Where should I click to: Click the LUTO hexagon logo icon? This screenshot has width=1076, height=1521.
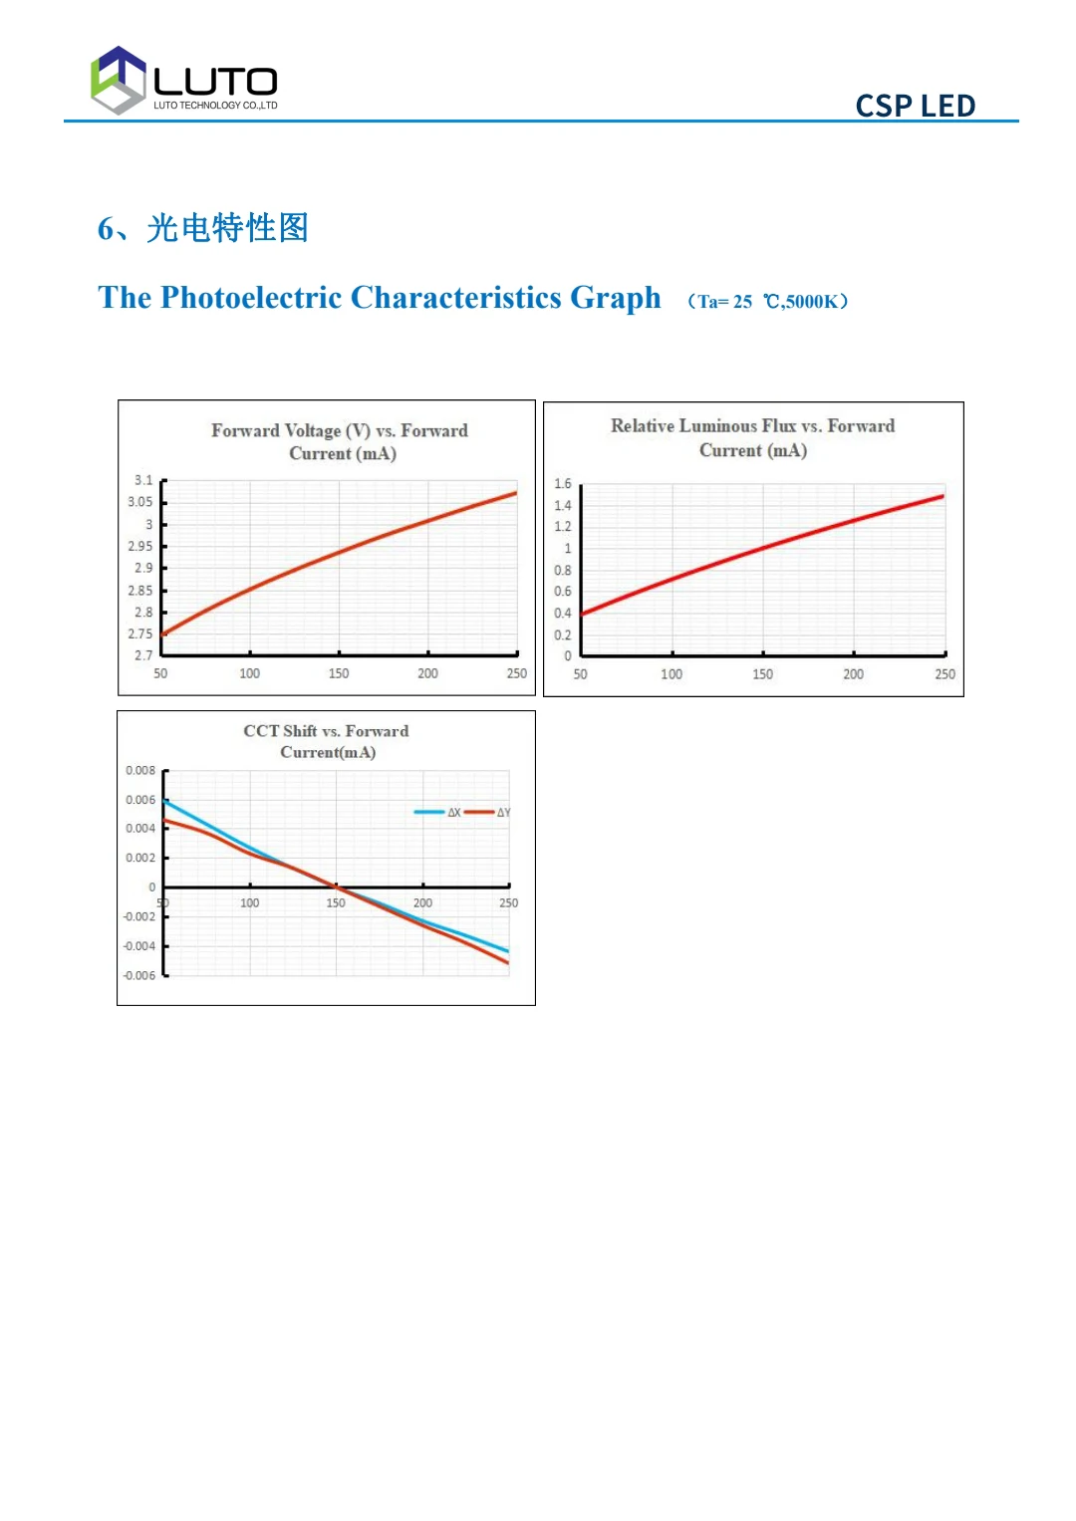tap(119, 80)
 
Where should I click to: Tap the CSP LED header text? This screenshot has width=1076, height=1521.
tap(915, 106)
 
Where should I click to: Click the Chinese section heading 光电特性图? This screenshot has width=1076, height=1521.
tap(227, 228)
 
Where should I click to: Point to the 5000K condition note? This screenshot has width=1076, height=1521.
tap(812, 302)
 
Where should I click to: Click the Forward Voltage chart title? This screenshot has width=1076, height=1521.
tap(340, 441)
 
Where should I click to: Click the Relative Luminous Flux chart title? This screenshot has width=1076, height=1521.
tap(752, 437)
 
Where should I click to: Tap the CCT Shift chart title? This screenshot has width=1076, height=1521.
tap(327, 741)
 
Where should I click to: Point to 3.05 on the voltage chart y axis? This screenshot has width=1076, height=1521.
tap(140, 502)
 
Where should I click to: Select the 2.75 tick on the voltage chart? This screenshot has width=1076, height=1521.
tap(140, 634)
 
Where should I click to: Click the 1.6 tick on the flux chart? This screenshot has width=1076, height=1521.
tap(563, 484)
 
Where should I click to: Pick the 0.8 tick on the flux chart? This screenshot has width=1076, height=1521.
tap(563, 571)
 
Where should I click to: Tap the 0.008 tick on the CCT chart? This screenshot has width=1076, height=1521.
tap(140, 771)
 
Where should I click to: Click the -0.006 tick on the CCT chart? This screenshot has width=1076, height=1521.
tap(139, 976)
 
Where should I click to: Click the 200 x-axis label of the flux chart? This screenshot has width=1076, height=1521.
tap(854, 674)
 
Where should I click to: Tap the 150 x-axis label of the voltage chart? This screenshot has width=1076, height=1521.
tap(339, 673)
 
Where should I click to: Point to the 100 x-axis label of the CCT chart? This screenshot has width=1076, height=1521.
tap(250, 903)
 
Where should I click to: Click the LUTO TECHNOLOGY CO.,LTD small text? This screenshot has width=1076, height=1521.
tap(215, 106)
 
